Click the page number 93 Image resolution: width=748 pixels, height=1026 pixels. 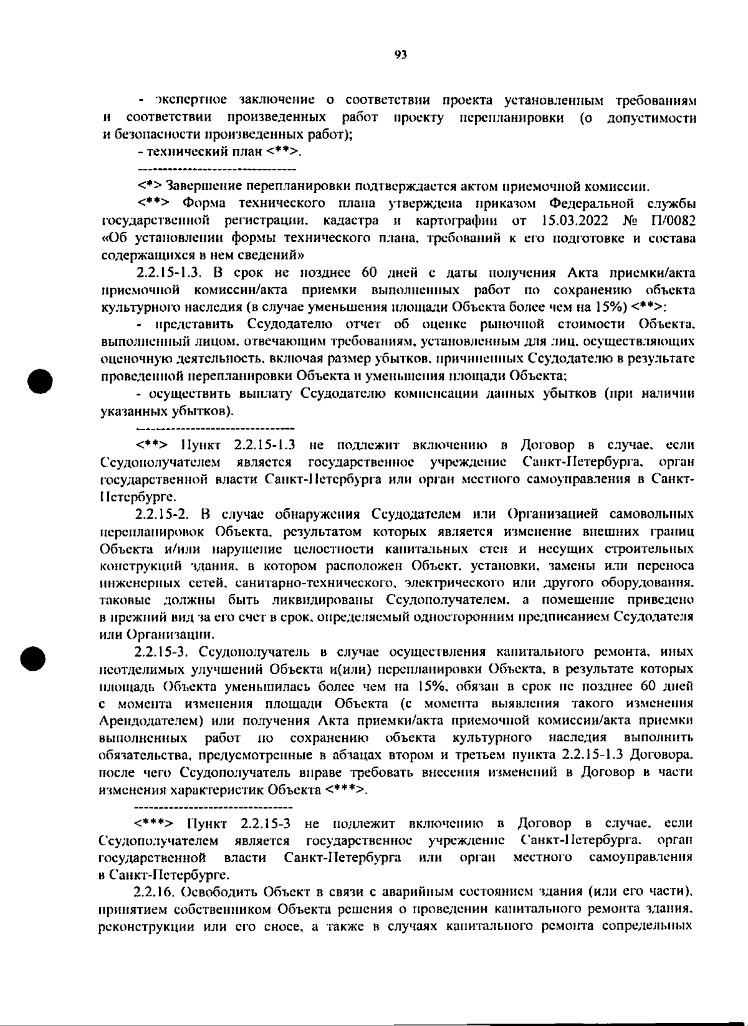(x=401, y=54)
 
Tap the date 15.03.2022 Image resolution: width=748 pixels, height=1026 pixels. (x=575, y=221)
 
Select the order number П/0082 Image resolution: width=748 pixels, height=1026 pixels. (x=673, y=221)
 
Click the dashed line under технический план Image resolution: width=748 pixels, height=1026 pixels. (x=216, y=169)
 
